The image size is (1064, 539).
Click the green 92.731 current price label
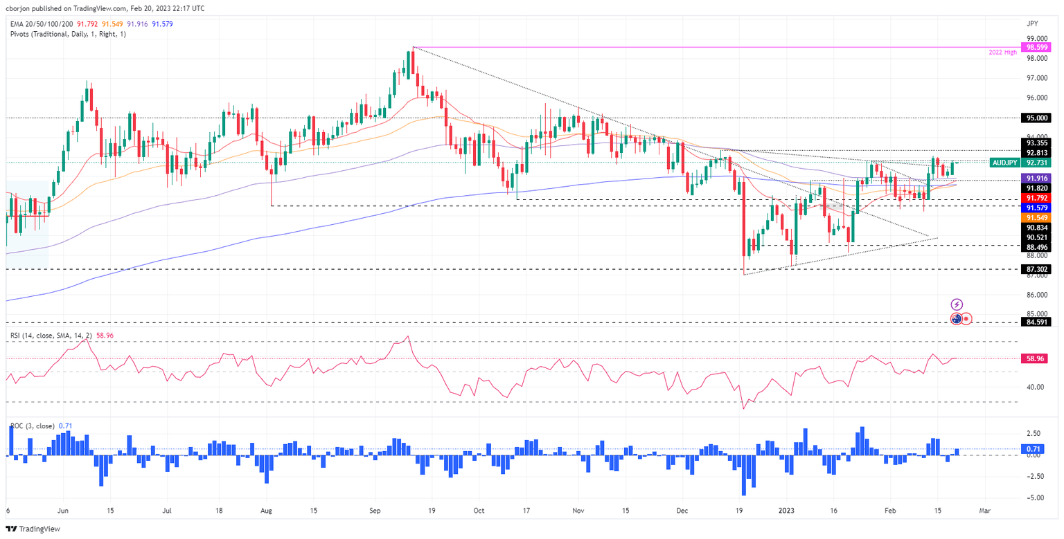1036,163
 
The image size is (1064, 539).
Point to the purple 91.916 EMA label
1036,178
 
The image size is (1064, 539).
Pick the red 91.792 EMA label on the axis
1036,198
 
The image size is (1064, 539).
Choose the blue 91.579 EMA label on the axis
1036,208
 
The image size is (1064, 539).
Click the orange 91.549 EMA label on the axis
1036,217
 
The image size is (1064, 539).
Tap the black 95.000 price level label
1036,118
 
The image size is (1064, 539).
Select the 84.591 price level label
1036,322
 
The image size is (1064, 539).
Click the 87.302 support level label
1036,268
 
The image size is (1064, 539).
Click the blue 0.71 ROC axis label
1033,448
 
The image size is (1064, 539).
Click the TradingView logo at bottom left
34,529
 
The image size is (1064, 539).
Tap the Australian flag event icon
957,318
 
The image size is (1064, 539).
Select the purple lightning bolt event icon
957,304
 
